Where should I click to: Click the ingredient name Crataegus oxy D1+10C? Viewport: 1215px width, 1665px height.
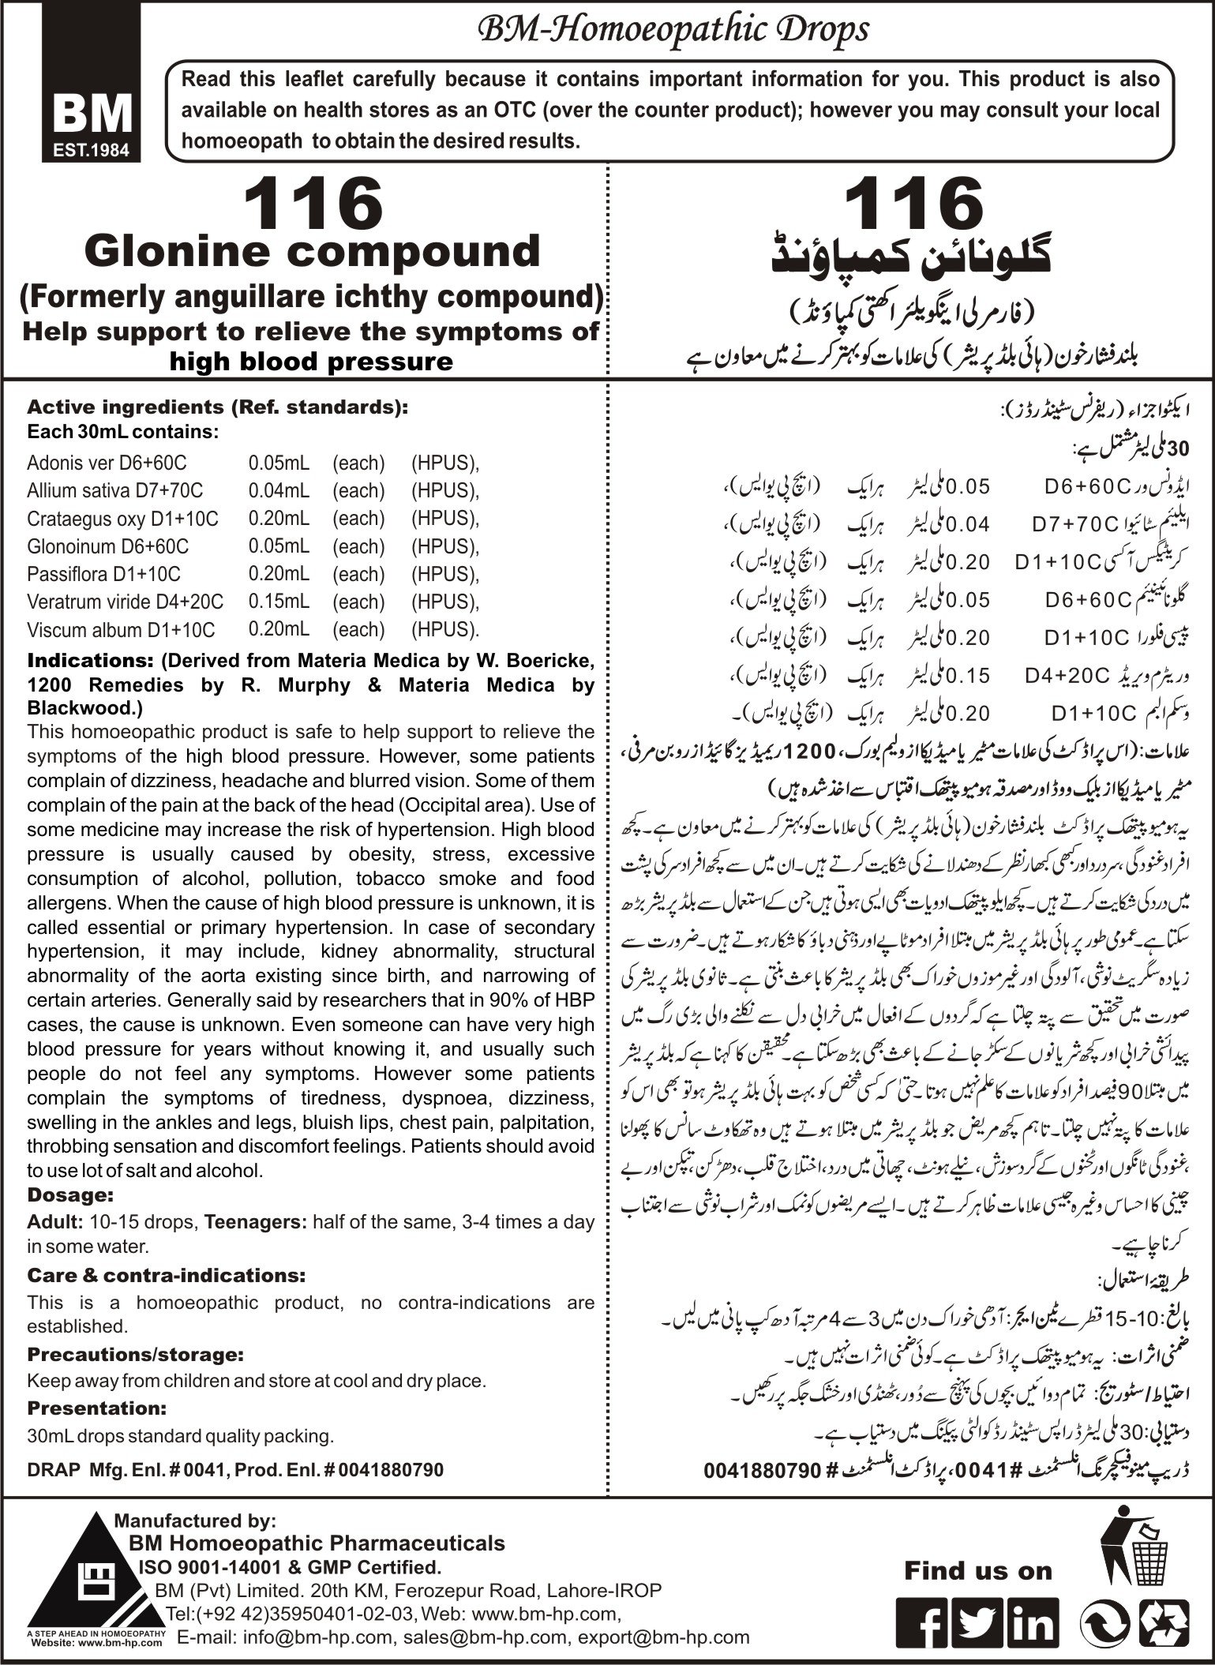(x=122, y=519)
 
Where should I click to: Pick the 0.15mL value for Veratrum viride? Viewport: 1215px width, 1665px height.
(x=278, y=602)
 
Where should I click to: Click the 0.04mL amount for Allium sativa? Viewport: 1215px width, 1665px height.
(x=278, y=491)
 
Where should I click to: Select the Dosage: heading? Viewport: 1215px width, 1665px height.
(x=71, y=1195)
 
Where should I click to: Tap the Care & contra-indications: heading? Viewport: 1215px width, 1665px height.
(x=167, y=1275)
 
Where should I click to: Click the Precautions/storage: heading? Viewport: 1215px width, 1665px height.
(x=134, y=1355)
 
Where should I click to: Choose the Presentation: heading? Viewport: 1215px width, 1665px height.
(x=96, y=1408)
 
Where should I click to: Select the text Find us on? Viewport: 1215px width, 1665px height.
(x=978, y=1571)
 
